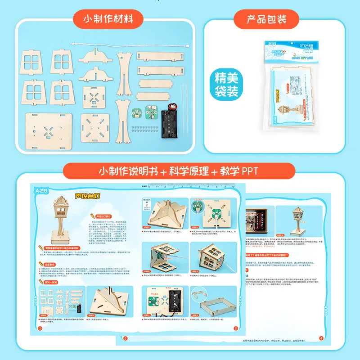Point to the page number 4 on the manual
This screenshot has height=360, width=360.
pyautogui.click(x=321, y=338)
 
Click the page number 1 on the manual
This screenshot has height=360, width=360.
pyautogui.click(x=40, y=328)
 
